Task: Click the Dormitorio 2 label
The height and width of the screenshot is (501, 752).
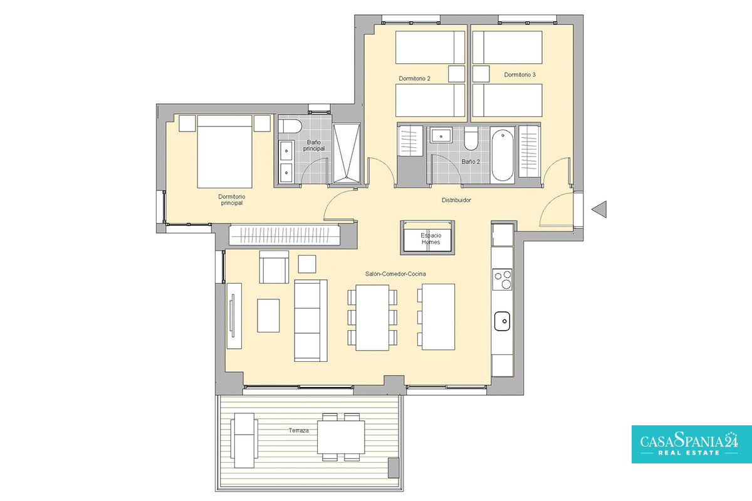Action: point(414,78)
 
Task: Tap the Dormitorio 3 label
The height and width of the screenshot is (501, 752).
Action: point(520,75)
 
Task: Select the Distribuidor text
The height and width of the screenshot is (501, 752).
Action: point(456,200)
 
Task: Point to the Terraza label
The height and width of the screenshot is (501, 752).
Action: point(298,430)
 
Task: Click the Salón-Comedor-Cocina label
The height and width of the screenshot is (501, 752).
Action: point(395,274)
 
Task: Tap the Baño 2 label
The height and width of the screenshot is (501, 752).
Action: point(471,162)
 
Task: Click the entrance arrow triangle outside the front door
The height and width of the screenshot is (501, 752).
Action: point(599,209)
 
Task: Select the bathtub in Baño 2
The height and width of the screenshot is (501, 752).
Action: point(502,155)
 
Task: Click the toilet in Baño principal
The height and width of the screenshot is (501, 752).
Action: point(290,126)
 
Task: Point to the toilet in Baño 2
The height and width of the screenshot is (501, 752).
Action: point(471,138)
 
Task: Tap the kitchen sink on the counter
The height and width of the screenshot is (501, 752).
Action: point(502,321)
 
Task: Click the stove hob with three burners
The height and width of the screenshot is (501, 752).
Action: point(502,279)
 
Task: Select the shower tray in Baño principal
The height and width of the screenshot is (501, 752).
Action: point(347,153)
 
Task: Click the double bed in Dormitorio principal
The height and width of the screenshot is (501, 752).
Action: point(224,152)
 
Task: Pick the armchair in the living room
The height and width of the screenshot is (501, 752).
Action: point(274,267)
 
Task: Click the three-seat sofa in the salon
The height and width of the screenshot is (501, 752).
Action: point(311,321)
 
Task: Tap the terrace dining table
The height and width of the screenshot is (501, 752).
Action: point(341,437)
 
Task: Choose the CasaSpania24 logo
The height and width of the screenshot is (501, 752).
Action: point(692,444)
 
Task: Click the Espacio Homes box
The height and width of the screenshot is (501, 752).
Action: point(427,237)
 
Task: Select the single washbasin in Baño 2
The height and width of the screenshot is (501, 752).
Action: point(441,135)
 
